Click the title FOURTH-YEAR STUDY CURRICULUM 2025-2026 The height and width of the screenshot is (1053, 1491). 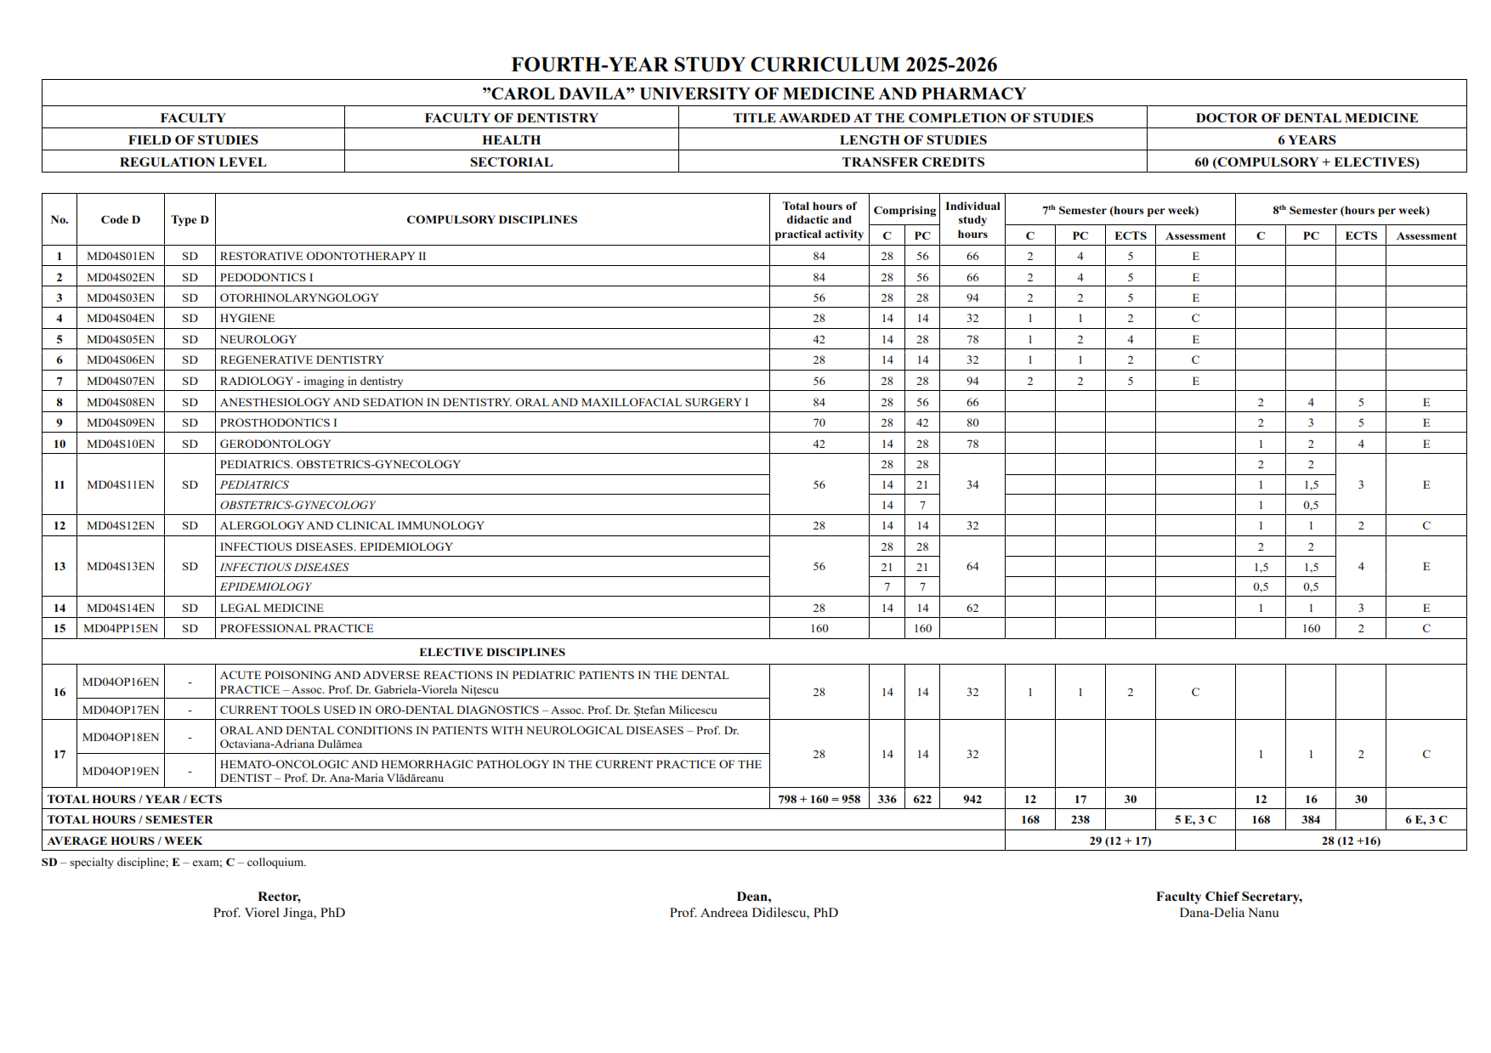click(x=753, y=65)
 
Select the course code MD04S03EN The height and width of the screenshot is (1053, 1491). click(x=121, y=297)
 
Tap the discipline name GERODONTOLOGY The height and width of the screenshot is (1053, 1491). click(x=275, y=444)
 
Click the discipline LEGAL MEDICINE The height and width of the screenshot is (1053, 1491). click(x=271, y=608)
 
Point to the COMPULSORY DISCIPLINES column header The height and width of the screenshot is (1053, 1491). click(x=491, y=219)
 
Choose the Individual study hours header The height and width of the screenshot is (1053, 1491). click(x=972, y=219)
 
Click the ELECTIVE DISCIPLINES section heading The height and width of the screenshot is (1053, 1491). click(x=491, y=652)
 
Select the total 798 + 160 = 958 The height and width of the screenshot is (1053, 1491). click(x=819, y=799)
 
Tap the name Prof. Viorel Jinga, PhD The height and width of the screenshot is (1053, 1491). click(x=279, y=913)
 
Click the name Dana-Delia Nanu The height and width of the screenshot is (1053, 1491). click(x=1228, y=913)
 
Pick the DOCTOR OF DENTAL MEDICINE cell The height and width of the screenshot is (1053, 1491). click(x=1307, y=117)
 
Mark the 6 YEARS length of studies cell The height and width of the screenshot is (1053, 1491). click(x=1307, y=139)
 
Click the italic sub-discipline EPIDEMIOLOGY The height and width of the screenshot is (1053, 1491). click(x=265, y=586)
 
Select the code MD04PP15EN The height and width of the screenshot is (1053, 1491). click(x=121, y=628)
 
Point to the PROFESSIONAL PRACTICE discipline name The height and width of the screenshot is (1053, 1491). click(x=297, y=628)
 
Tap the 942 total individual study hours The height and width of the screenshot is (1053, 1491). click(x=972, y=799)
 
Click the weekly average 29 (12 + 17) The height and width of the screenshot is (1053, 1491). click(x=1120, y=841)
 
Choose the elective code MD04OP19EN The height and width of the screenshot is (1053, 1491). click(x=121, y=771)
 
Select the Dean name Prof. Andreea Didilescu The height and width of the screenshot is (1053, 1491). click(x=753, y=913)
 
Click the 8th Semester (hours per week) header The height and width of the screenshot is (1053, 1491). click(x=1350, y=210)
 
